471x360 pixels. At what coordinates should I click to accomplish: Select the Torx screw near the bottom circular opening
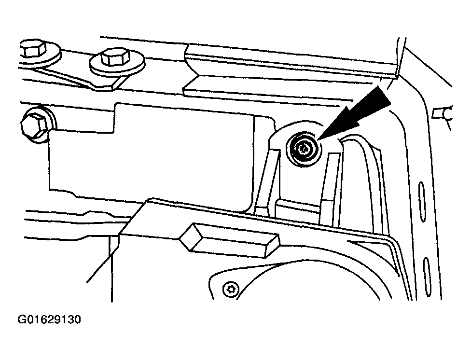[230, 290]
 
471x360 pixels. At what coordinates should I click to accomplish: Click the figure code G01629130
[49, 319]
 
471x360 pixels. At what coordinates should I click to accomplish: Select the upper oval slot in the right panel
[422, 202]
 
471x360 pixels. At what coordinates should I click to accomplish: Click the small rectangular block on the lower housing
[229, 240]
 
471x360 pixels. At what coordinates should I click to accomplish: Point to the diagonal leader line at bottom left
[103, 259]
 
